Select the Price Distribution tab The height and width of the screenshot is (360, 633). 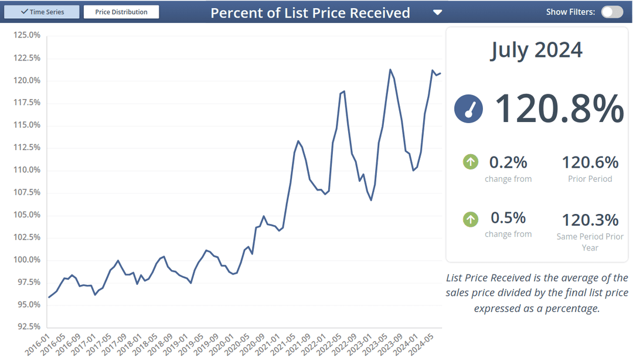[121, 12]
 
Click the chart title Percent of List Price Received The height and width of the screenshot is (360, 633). [310, 13]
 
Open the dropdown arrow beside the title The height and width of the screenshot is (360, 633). [437, 12]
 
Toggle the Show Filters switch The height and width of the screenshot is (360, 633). [612, 12]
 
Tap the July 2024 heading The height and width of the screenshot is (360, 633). [536, 50]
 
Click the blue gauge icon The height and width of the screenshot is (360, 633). [469, 109]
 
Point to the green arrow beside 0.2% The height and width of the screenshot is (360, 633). [471, 162]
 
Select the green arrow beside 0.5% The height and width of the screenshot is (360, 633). [471, 219]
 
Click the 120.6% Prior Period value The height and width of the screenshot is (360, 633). [590, 162]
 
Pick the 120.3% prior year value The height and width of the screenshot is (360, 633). [590, 220]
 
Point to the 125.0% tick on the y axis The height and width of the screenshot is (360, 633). [26, 35]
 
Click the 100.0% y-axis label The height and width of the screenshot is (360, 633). [26, 260]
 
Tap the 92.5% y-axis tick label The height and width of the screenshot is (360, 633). [27, 327]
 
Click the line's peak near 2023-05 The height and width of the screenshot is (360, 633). [390, 69]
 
